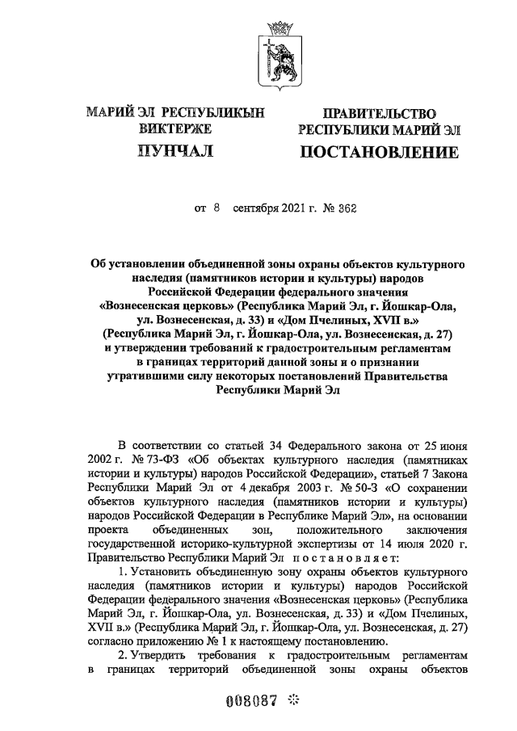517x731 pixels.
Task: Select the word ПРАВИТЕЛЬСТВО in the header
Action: tap(379, 113)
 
